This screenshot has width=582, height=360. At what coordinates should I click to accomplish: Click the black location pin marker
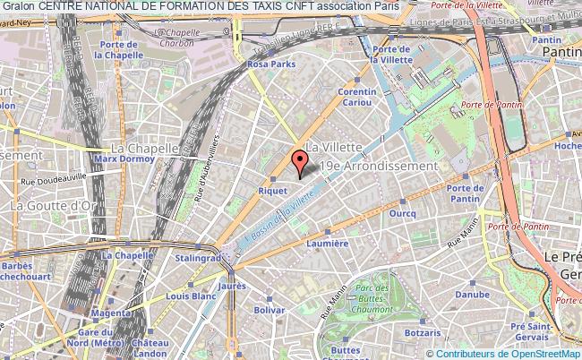pyautogui.click(x=300, y=164)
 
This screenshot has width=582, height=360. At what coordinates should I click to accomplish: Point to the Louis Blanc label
pyautogui.click(x=190, y=295)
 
